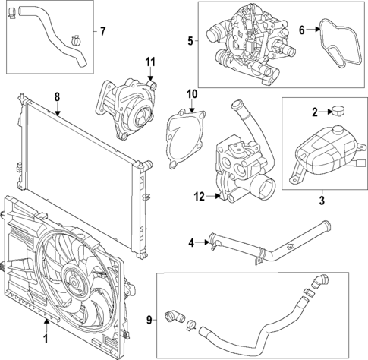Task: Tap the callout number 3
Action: pyautogui.click(x=321, y=201)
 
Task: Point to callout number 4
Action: pyautogui.click(x=191, y=243)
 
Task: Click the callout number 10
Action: pyautogui.click(x=192, y=93)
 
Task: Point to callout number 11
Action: pyautogui.click(x=150, y=62)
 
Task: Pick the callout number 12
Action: pyautogui.click(x=199, y=197)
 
